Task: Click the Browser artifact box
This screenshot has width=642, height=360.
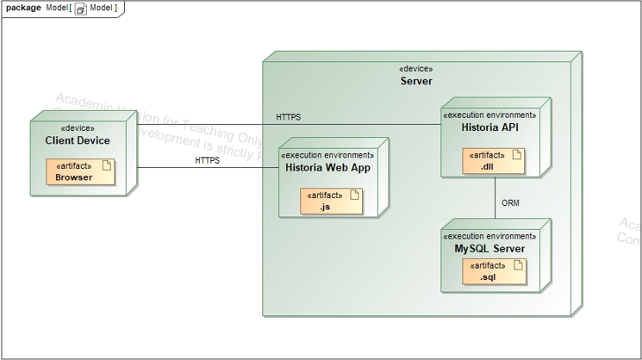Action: coord(80,172)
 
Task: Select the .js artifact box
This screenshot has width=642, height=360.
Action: coord(331,202)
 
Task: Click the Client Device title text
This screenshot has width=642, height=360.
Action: coord(78,140)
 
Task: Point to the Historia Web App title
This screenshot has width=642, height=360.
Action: coord(327,168)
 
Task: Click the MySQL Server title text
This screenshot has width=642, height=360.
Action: coord(489,249)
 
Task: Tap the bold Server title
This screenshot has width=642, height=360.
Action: coord(416,81)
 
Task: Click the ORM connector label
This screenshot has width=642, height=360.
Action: coord(510,203)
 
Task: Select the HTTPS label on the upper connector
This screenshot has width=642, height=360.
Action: coord(289,116)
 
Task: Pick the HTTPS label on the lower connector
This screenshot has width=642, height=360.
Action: coord(207,160)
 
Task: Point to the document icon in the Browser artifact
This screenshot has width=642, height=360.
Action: coord(106,165)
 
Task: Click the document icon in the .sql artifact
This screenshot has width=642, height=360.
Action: coord(517,265)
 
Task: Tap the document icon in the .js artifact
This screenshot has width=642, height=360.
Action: coord(353,195)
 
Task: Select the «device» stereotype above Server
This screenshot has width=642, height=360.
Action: coord(416,69)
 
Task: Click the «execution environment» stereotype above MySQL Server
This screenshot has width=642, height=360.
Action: coord(489,236)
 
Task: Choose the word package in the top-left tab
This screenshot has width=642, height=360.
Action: coord(24,8)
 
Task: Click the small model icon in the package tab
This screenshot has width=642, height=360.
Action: coord(81,9)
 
